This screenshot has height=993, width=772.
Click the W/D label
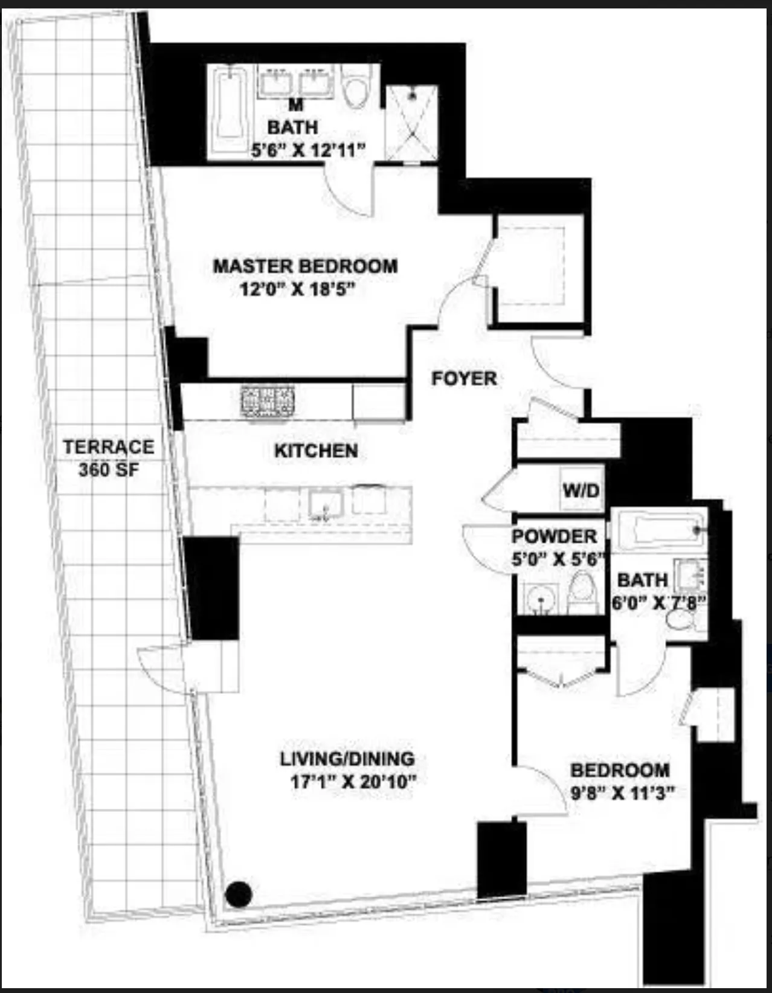tap(581, 489)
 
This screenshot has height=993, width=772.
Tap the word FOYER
tap(464, 379)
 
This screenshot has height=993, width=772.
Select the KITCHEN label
tap(316, 451)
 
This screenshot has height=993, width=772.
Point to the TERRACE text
tap(109, 447)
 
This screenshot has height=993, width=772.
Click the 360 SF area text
tap(109, 469)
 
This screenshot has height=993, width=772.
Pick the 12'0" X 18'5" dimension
tap(296, 290)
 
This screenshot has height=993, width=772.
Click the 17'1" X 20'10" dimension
tap(353, 782)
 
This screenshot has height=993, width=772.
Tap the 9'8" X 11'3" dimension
tap(622, 793)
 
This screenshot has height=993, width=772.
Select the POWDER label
tap(554, 536)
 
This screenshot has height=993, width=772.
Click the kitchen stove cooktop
tap(268, 401)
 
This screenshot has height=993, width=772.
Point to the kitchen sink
tap(326, 504)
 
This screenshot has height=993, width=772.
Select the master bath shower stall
tap(412, 123)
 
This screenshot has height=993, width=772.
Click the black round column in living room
tap(239, 895)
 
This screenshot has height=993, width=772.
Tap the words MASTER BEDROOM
tap(305, 266)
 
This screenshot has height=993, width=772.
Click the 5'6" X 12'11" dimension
tap(309, 150)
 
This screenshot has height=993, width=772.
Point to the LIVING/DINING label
tap(347, 759)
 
